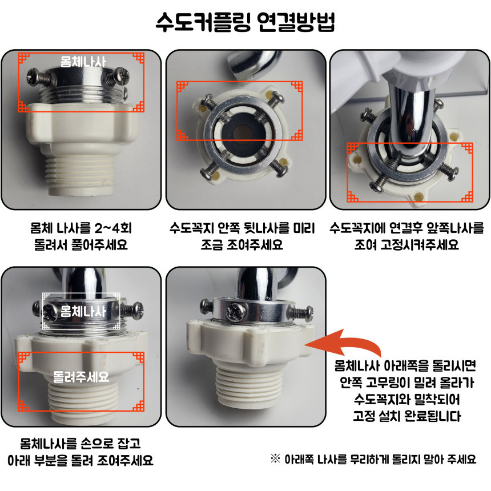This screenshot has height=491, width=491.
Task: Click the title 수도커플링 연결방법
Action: click(246, 22)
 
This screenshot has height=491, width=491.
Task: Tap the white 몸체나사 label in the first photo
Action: click(83, 62)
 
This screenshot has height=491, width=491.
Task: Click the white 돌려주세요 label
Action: click(81, 377)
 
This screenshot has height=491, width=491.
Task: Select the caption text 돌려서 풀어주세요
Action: click(81, 244)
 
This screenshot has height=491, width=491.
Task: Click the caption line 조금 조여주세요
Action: click(242, 244)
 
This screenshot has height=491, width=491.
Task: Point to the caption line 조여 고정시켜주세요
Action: click(407, 244)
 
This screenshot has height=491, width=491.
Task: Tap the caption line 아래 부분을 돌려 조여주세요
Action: click(81, 460)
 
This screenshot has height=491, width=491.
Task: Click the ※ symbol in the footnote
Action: click(275, 459)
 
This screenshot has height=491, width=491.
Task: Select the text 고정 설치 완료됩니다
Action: click(407, 416)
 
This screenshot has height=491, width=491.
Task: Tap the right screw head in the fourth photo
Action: click(137, 309)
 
